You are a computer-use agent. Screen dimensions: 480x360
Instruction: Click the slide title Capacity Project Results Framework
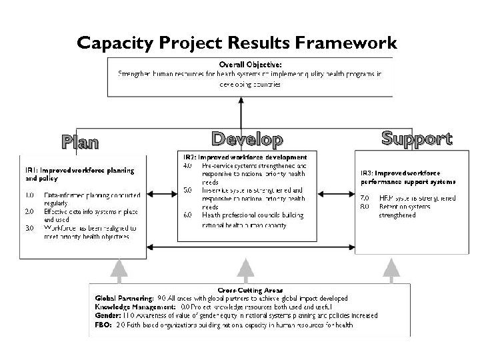tap(236, 43)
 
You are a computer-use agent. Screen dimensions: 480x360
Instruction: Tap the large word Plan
tap(80, 142)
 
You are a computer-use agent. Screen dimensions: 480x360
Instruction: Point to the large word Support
tap(417, 138)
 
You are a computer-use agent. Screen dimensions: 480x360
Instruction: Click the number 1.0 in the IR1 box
tap(29, 195)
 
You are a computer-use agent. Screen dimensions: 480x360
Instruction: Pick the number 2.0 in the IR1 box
tap(29, 211)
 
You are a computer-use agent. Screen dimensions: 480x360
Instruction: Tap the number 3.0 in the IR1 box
tap(29, 227)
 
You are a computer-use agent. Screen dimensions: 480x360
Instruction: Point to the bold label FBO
tap(103, 325)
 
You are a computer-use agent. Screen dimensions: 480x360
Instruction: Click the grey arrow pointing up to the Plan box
tap(119, 269)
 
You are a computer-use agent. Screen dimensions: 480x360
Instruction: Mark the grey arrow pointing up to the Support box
tap(388, 269)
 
